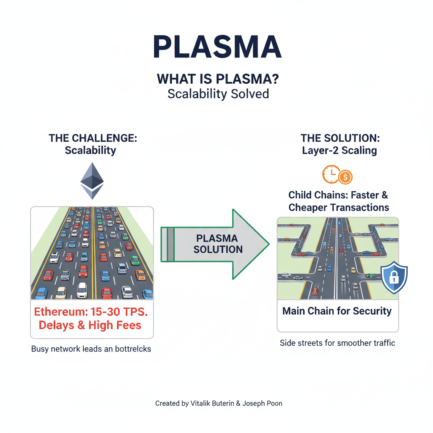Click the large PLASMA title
pyautogui.click(x=216, y=47)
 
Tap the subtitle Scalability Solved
pyautogui.click(x=218, y=93)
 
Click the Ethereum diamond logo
pyautogui.click(x=92, y=181)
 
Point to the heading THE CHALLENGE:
pyautogui.click(x=93, y=138)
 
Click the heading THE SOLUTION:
pyautogui.click(x=340, y=138)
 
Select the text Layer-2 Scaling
pyautogui.click(x=340, y=151)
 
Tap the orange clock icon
pyautogui.click(x=331, y=174)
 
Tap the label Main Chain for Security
pyautogui.click(x=337, y=311)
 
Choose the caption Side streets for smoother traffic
pyautogui.click(x=337, y=343)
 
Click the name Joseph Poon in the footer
pyautogui.click(x=263, y=403)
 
